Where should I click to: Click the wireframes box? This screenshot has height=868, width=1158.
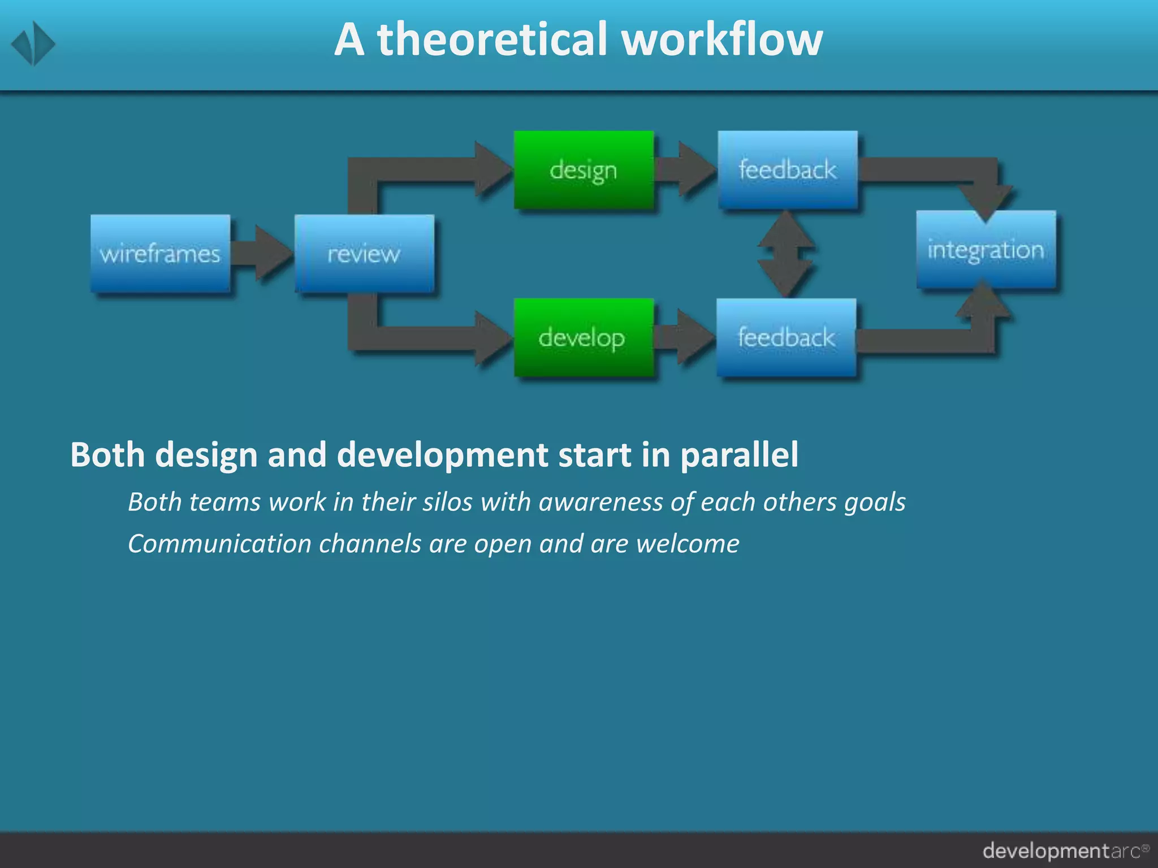161,254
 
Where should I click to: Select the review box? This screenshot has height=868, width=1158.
364,254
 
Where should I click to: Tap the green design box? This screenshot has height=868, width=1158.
584,170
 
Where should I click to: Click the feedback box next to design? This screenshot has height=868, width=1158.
788,170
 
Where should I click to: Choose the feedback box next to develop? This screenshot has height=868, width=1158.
786,337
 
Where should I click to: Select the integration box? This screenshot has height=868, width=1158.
986,250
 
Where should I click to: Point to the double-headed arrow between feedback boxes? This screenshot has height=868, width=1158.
786,254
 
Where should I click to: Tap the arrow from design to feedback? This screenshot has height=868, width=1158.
686,170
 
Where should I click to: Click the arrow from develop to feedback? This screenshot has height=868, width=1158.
685,337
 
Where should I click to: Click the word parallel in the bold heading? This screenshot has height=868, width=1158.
739,455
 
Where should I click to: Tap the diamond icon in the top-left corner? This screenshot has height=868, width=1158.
33,44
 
